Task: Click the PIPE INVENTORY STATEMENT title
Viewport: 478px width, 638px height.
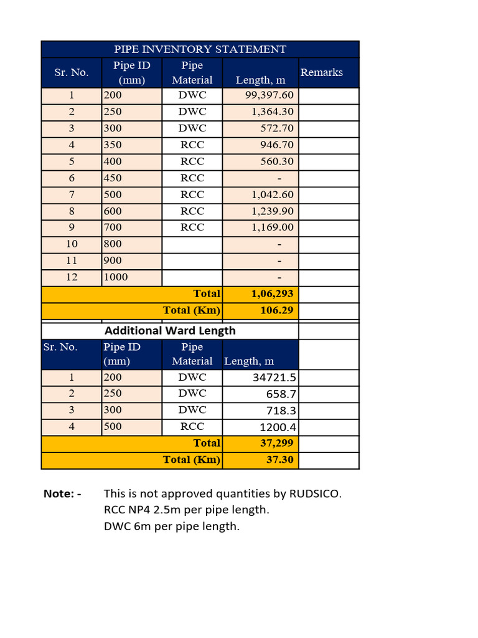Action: click(200, 49)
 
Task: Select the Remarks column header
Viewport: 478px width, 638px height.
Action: click(321, 72)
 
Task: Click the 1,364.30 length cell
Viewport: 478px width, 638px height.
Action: click(273, 112)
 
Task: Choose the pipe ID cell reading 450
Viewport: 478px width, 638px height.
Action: click(113, 178)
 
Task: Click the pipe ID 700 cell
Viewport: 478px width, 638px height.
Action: click(113, 227)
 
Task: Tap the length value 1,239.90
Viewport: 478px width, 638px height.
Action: click(273, 211)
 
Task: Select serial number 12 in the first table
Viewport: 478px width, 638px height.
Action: click(72, 277)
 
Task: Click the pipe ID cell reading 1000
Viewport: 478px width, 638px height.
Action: click(116, 277)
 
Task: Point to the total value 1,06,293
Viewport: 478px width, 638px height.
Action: click(272, 293)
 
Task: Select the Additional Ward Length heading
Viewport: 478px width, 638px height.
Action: click(170, 331)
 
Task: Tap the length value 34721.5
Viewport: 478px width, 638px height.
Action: click(274, 378)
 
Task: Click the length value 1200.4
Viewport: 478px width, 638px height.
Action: click(278, 427)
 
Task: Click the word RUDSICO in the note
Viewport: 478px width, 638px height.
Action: click(316, 494)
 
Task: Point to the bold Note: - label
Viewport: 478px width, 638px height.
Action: click(62, 494)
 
